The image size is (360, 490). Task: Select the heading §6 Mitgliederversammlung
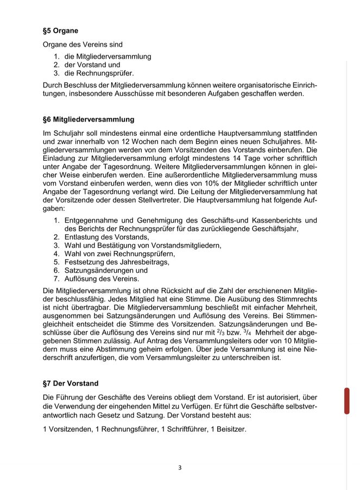coord(88,119)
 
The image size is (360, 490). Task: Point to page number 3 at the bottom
coord(180,467)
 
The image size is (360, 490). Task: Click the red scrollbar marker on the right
coord(346,401)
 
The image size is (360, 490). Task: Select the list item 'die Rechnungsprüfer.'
coord(99,73)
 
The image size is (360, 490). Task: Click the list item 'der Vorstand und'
coord(92,65)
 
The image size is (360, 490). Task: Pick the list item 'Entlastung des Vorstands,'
coord(106,237)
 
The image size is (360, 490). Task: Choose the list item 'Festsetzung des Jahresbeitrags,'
coord(117,261)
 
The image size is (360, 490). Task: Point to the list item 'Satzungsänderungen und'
coord(106,270)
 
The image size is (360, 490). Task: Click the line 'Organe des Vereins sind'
coord(83,45)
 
